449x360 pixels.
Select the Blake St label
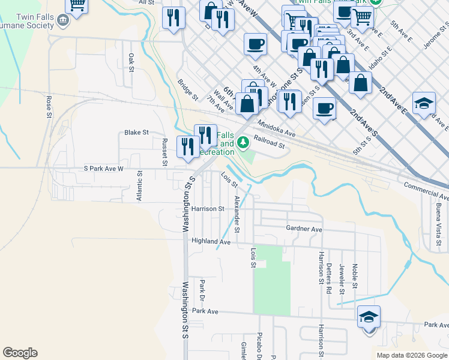[136, 133]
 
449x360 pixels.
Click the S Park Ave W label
[103, 169]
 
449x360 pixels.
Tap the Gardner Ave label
[304, 229]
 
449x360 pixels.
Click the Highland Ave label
[211, 241]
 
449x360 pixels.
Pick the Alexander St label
[237, 214]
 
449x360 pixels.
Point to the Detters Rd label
[329, 277]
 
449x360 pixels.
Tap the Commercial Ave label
[426, 192]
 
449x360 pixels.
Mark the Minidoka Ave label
[277, 128]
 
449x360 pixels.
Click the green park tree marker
[243, 143]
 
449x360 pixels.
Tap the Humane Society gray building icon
[62, 22]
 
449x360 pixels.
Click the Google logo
[20, 353]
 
